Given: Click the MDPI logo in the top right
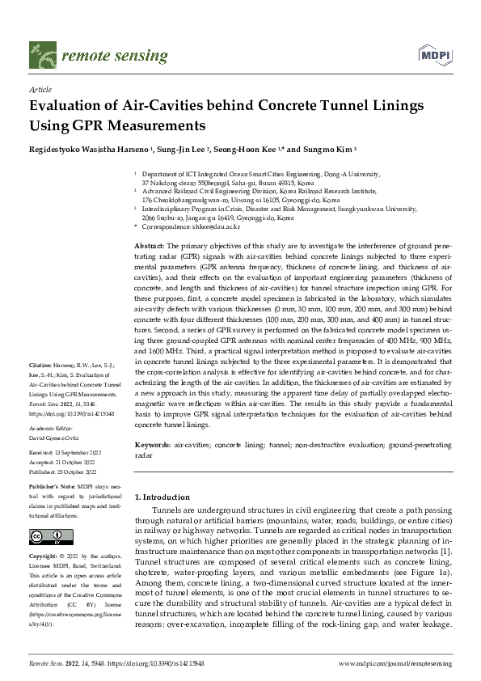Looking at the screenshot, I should (433, 55).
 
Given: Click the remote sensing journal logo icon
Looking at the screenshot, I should (39, 54).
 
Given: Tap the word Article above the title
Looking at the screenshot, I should (40, 91).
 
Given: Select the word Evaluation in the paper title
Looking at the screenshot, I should (68, 107).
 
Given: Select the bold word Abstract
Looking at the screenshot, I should (150, 244).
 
